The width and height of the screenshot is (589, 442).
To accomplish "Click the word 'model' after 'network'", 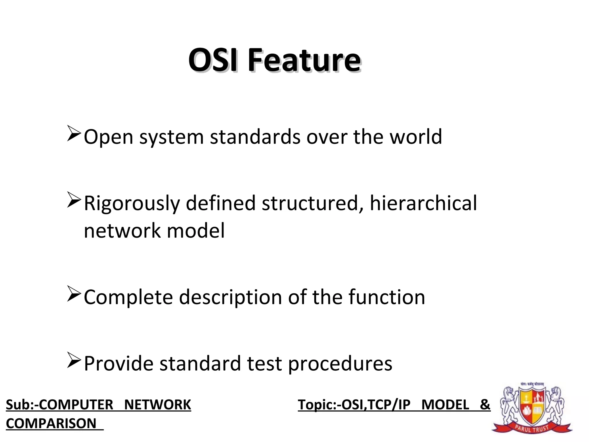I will (x=196, y=231).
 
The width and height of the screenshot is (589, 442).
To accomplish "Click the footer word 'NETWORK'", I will (x=158, y=405).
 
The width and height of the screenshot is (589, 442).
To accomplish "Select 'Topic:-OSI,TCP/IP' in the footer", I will (x=354, y=405).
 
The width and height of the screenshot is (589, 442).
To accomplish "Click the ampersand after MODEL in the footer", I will (x=485, y=404).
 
